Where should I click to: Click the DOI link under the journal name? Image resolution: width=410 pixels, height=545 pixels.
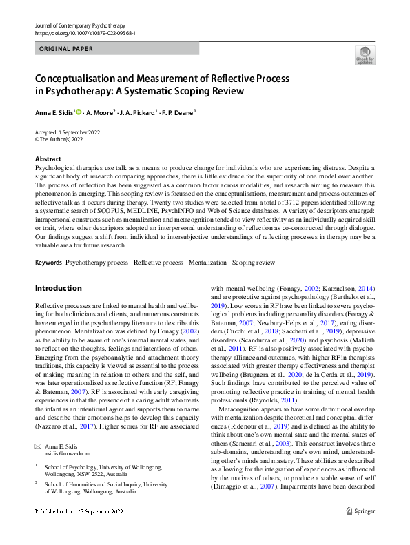[84, 32]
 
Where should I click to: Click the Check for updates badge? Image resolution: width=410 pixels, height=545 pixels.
[365, 55]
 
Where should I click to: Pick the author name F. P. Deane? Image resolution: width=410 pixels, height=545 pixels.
[177, 112]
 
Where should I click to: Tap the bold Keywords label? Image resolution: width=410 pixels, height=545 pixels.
[48, 263]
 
